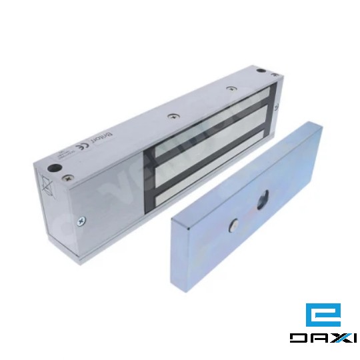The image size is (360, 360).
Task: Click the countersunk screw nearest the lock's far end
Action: (x=231, y=88)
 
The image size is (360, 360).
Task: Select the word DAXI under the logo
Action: (x=323, y=338)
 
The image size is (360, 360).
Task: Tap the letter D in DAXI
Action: (x=298, y=338)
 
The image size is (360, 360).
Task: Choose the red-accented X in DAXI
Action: (x=335, y=338)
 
